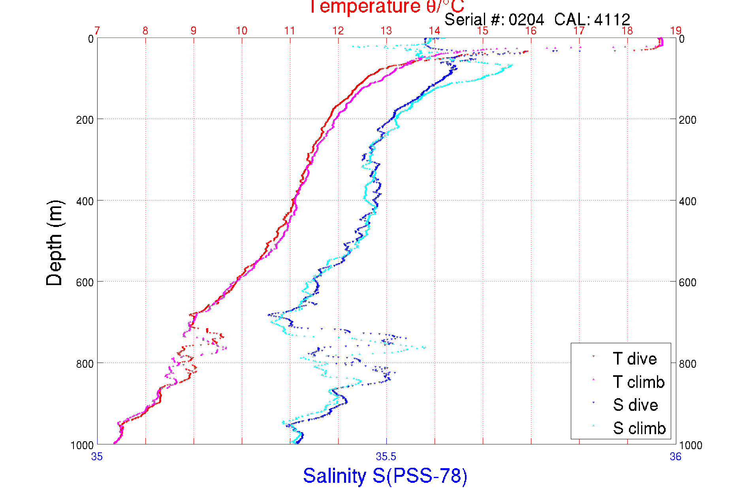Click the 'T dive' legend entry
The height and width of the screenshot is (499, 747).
pyautogui.click(x=634, y=359)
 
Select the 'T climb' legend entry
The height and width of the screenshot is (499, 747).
pyautogui.click(x=638, y=382)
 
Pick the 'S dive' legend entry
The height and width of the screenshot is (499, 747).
pyautogui.click(x=635, y=405)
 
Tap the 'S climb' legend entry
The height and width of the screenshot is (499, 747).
pyautogui.click(x=639, y=428)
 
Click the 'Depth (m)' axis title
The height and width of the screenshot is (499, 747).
pyautogui.click(x=55, y=243)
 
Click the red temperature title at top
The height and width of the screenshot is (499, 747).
pyautogui.click(x=386, y=6)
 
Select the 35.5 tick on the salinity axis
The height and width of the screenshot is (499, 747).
pyautogui.click(x=386, y=457)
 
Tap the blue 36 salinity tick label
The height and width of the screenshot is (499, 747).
pyautogui.click(x=675, y=457)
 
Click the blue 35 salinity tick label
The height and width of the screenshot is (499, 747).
pyautogui.click(x=97, y=457)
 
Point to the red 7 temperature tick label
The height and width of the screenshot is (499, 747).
pyautogui.click(x=97, y=31)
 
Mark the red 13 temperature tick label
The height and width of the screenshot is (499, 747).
pyautogui.click(x=386, y=31)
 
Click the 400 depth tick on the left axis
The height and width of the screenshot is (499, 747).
pyautogui.click(x=85, y=201)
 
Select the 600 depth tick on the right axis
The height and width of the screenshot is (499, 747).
pyautogui.click(x=688, y=282)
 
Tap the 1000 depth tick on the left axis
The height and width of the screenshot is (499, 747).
pyautogui.click(x=82, y=445)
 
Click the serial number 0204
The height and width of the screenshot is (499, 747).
pyautogui.click(x=526, y=19)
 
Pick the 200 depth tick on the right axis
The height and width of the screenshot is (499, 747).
pyautogui.click(x=688, y=120)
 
